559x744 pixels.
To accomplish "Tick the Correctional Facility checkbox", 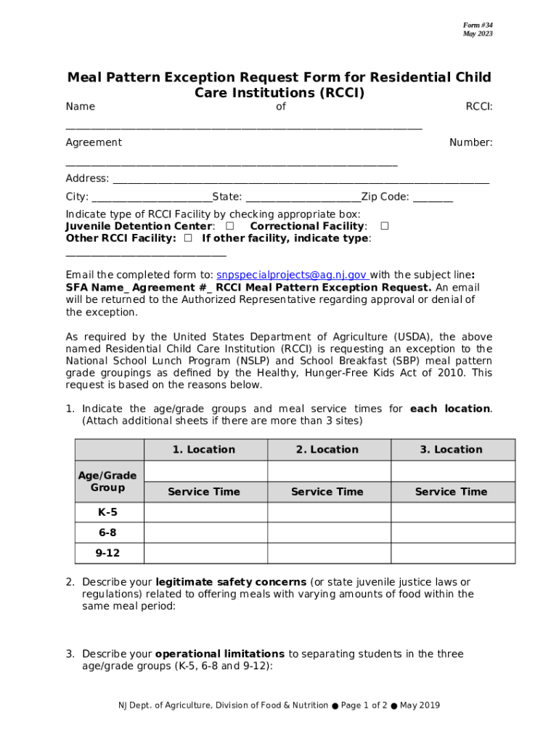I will pos(385,226).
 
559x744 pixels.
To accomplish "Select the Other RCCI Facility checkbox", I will pos(188,238).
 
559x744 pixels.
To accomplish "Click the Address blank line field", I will pos(301,179).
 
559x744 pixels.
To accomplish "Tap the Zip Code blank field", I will pos(433,198).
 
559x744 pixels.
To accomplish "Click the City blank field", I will pos(151,198).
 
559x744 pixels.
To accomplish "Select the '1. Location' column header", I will pos(204,450).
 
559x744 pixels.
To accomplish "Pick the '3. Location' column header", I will pos(451,450).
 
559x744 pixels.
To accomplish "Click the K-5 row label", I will pos(107,512).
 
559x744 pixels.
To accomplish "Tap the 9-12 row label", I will pos(107,553).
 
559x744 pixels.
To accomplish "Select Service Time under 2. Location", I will pos(327,492).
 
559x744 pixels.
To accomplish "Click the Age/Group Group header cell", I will pos(107,481).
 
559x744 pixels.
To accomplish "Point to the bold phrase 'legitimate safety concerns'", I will pos(231,582).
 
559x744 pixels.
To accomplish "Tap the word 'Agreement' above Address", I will pos(94,142).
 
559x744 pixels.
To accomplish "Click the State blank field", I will pos(302,198).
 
